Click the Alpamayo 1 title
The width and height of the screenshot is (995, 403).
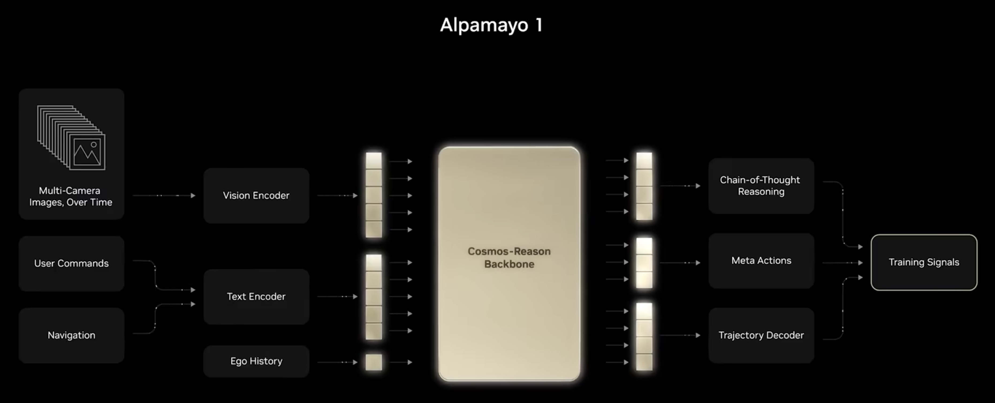(x=491, y=25)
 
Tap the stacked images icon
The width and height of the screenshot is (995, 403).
(x=71, y=138)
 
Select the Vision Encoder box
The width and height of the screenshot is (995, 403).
(x=256, y=196)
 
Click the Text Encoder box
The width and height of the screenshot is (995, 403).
(x=256, y=296)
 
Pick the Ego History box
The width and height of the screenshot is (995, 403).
(x=256, y=361)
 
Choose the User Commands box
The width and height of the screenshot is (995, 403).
(x=71, y=263)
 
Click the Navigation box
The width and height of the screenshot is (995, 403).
(x=71, y=335)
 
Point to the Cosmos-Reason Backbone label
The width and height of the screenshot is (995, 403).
(x=509, y=258)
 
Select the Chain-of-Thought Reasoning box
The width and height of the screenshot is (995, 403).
(x=761, y=186)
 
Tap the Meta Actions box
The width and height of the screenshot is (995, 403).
(x=761, y=261)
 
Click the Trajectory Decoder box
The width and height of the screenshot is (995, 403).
(x=761, y=335)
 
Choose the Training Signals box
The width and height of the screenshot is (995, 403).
(x=924, y=262)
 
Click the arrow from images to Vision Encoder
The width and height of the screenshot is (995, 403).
(x=164, y=196)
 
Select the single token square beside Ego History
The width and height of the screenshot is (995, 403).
(x=374, y=362)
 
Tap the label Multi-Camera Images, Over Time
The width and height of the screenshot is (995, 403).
(x=71, y=196)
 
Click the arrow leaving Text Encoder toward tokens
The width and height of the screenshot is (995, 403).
(x=337, y=296)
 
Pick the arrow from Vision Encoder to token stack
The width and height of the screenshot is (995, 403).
(x=337, y=196)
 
